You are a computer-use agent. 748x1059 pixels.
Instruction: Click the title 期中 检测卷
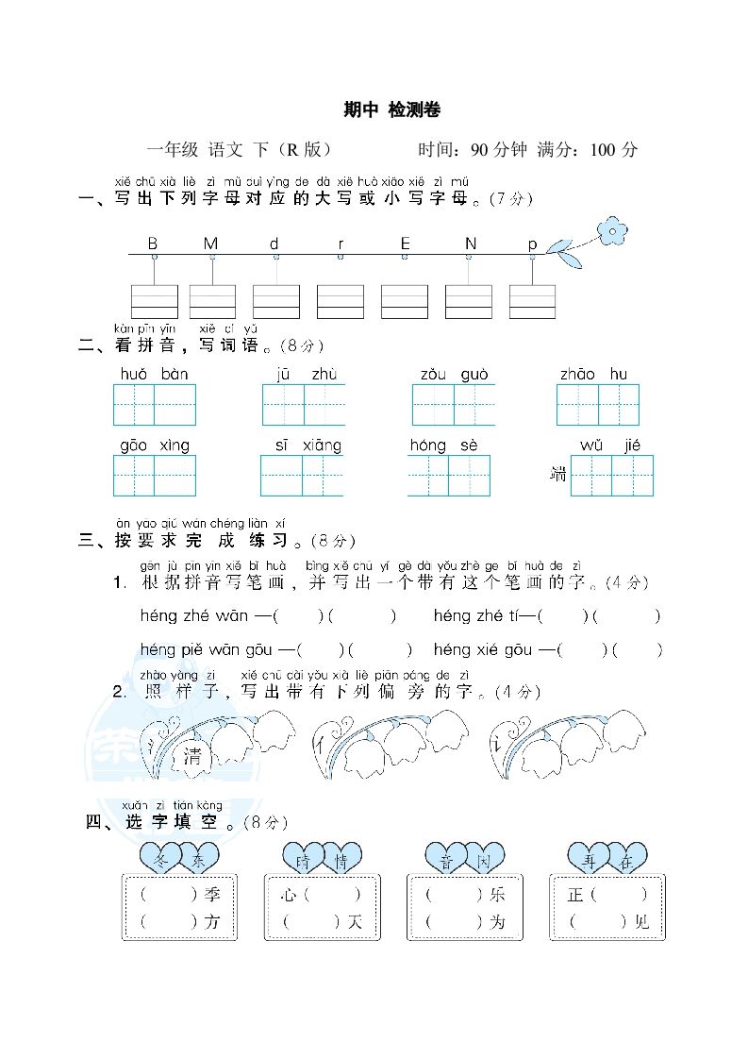[391, 110]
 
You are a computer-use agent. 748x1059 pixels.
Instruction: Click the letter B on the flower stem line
[153, 244]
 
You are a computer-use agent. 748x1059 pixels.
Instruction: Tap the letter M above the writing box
[210, 244]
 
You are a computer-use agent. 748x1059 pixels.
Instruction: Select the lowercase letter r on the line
[341, 244]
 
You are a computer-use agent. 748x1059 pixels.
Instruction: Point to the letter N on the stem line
[470, 244]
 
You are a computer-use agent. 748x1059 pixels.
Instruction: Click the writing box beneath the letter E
[405, 301]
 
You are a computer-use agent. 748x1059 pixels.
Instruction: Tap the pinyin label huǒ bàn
[154, 374]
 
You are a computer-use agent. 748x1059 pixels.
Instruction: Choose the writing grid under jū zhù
[304, 405]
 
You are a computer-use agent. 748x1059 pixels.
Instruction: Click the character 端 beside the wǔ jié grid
[558, 475]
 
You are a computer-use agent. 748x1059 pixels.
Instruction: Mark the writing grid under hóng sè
[449, 476]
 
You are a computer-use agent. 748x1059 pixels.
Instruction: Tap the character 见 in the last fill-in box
[641, 922]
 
